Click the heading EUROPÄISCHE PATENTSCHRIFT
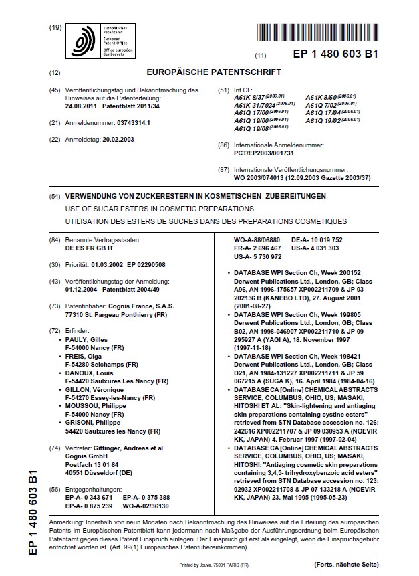pos(209,72)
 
